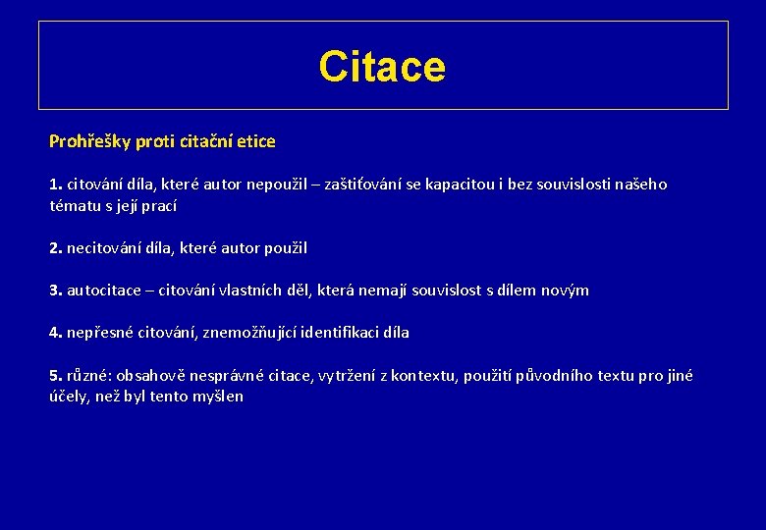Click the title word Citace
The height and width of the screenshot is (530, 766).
(x=382, y=67)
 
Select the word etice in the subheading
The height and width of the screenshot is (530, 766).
(x=256, y=141)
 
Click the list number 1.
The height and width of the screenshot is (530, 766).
(x=55, y=185)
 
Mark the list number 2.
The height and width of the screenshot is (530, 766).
(x=55, y=248)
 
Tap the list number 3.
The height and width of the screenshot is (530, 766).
(x=55, y=291)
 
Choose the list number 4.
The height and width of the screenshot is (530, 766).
(x=55, y=333)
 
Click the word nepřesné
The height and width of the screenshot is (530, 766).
(x=99, y=333)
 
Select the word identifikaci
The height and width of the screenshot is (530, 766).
(x=331, y=333)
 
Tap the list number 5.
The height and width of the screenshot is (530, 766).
(x=55, y=375)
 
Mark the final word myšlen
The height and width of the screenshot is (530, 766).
(x=220, y=397)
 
